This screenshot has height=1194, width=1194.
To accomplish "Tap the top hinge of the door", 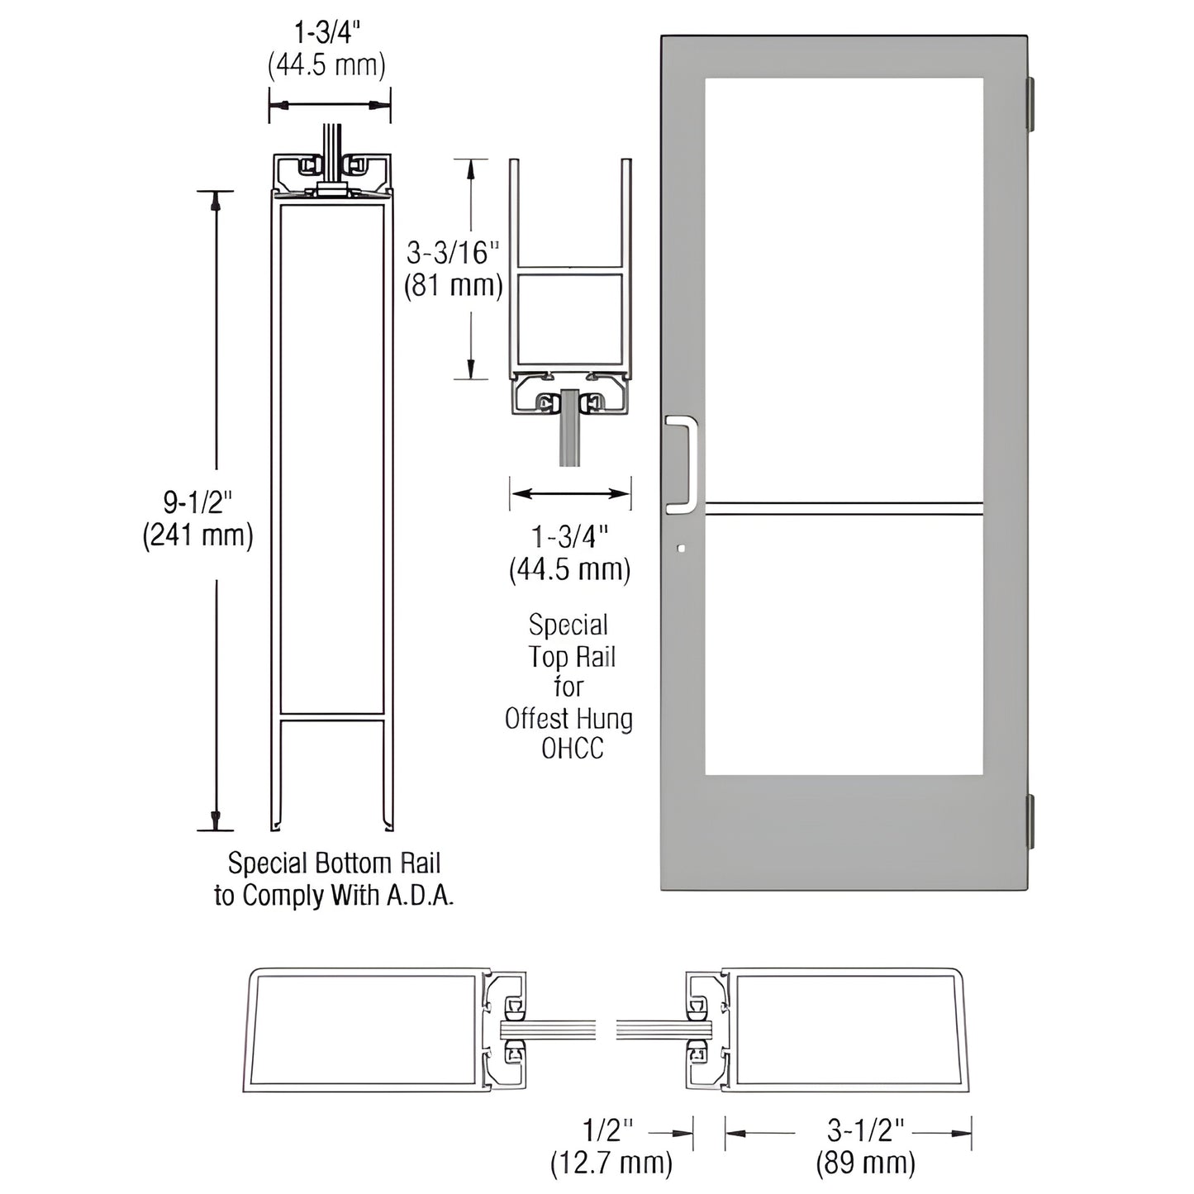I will [1030, 103].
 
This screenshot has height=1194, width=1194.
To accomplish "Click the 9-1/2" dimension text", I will [197, 502].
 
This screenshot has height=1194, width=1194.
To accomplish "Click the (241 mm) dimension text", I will [197, 535].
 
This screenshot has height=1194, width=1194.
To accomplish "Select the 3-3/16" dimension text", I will [454, 251].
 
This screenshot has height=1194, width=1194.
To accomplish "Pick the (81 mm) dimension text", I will [453, 286].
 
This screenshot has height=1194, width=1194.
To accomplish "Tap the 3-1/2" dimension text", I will [865, 1130].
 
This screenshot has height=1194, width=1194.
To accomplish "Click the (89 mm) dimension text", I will [865, 1163].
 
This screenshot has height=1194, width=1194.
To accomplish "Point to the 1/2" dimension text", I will [611, 1130].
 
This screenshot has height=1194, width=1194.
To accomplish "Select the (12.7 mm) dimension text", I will [611, 1163].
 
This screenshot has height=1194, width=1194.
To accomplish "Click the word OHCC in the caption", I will [572, 749].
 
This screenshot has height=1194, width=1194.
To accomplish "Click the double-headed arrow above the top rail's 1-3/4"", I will [570, 494].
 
